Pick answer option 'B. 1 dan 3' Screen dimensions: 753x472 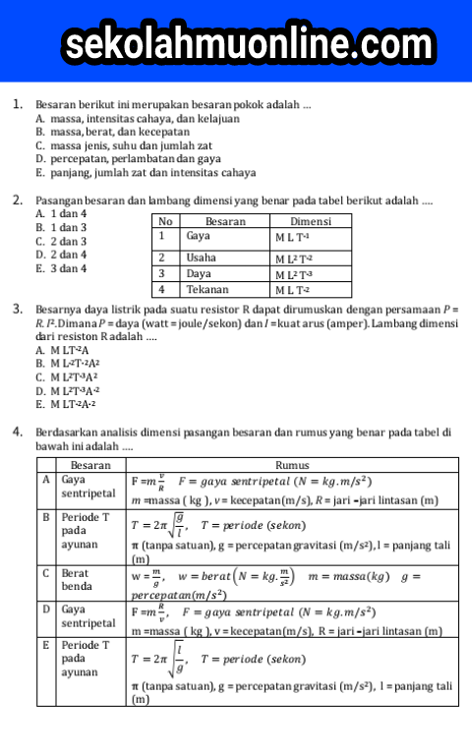click(61, 227)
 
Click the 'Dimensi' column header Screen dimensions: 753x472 click(310, 221)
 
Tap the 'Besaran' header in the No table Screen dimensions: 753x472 click(224, 221)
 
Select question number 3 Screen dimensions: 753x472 click(18, 310)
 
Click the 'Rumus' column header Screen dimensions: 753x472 click(293, 465)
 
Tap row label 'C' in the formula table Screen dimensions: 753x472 click(46, 571)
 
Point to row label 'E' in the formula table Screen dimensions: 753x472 click(46, 645)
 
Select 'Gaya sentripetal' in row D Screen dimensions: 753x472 click(88, 615)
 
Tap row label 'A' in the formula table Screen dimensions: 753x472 click(46, 480)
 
